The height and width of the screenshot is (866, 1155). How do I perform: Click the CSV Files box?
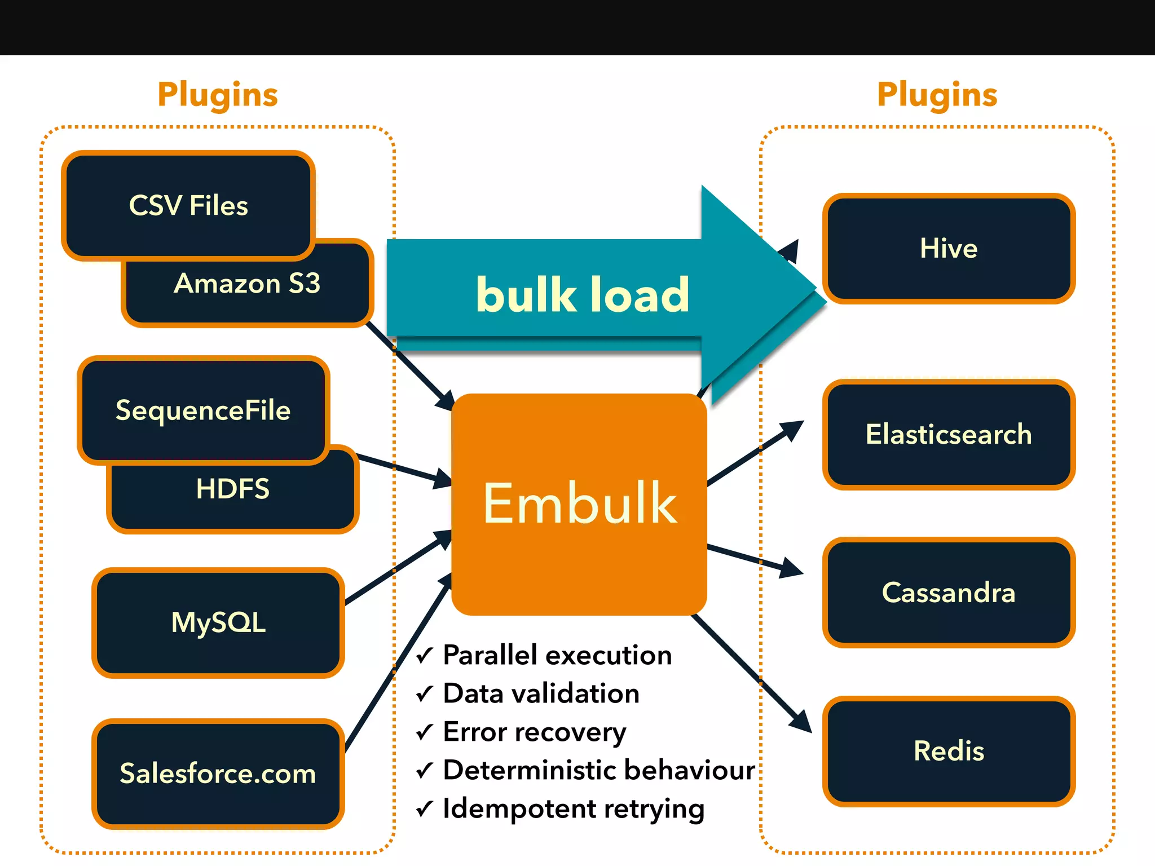188,205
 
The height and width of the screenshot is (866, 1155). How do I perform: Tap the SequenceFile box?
203,410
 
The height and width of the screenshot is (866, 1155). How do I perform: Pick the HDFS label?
232,489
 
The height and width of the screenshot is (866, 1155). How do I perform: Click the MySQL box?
218,622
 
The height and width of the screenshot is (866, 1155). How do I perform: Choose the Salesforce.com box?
218,773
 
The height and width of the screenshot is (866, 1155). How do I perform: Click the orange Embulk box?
579,503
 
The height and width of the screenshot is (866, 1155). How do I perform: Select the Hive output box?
949,249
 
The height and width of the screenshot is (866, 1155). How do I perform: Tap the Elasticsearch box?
949,434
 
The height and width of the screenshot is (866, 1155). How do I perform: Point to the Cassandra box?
949,593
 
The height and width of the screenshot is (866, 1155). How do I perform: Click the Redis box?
949,751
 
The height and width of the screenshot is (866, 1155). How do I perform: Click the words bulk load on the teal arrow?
582,294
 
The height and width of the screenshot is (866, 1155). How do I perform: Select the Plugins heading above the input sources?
218,95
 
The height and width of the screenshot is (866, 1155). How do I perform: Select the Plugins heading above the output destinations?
937,95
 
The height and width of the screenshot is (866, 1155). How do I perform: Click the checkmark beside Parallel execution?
424,656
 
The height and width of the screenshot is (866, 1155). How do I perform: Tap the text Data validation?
541,693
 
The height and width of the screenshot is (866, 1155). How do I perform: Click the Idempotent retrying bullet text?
574,808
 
